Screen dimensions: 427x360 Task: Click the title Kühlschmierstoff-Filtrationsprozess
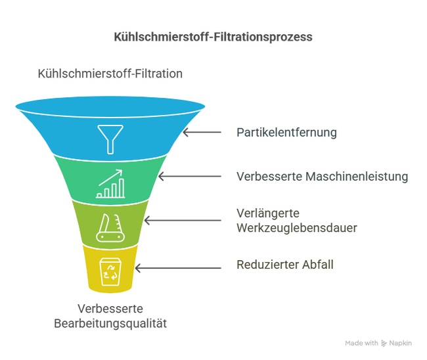coord(213,37)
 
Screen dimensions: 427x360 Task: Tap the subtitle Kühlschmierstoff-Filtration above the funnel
coord(110,74)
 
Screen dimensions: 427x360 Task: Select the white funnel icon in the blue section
coord(110,139)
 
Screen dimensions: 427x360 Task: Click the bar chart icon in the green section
coord(110,184)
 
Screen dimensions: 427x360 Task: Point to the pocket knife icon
coord(110,228)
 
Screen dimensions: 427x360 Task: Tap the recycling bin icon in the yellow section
coord(110,272)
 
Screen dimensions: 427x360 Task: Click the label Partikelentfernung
coord(286,133)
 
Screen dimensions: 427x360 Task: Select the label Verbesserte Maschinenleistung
coord(322,177)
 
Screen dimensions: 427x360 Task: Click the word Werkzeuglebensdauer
coord(296,228)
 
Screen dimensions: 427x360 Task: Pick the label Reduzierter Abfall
coord(285,265)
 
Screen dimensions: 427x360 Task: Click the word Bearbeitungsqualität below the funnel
coord(110,323)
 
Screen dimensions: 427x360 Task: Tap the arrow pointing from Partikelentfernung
coord(202,132)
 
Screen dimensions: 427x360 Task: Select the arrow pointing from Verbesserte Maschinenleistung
coord(190,177)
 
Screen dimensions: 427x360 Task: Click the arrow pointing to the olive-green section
coord(183,220)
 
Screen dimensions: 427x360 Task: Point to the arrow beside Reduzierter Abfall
coord(178,268)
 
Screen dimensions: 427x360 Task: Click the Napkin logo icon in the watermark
coord(384,344)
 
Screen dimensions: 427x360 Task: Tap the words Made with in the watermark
coord(361,343)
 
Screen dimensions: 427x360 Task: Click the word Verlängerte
coord(268,214)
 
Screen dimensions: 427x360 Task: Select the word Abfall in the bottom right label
coord(317,265)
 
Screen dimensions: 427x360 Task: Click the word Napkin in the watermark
coord(400,344)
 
